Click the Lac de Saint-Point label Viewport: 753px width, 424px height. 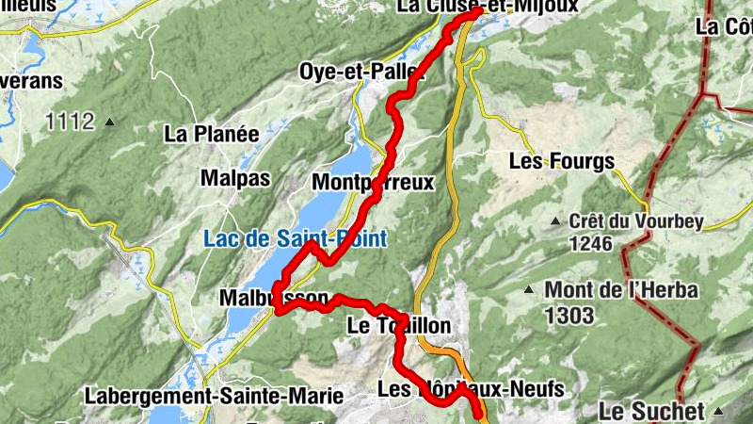(x=295, y=239)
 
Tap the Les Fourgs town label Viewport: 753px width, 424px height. (x=561, y=161)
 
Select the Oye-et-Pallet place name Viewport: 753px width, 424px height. (x=361, y=72)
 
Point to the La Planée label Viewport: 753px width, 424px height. (x=212, y=134)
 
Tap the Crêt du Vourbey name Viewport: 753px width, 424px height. (x=636, y=222)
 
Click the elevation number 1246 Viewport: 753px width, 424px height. (x=590, y=244)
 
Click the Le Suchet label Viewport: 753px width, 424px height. (x=651, y=411)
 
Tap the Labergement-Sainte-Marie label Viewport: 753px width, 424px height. (x=213, y=395)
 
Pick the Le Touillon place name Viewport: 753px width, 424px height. (x=398, y=326)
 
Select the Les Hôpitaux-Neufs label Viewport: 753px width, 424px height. (x=470, y=388)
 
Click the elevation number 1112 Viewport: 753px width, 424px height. (x=70, y=122)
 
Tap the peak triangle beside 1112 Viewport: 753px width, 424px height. (x=110, y=122)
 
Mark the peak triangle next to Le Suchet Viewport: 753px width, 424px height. (x=719, y=412)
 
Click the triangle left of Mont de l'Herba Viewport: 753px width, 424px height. (x=530, y=290)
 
